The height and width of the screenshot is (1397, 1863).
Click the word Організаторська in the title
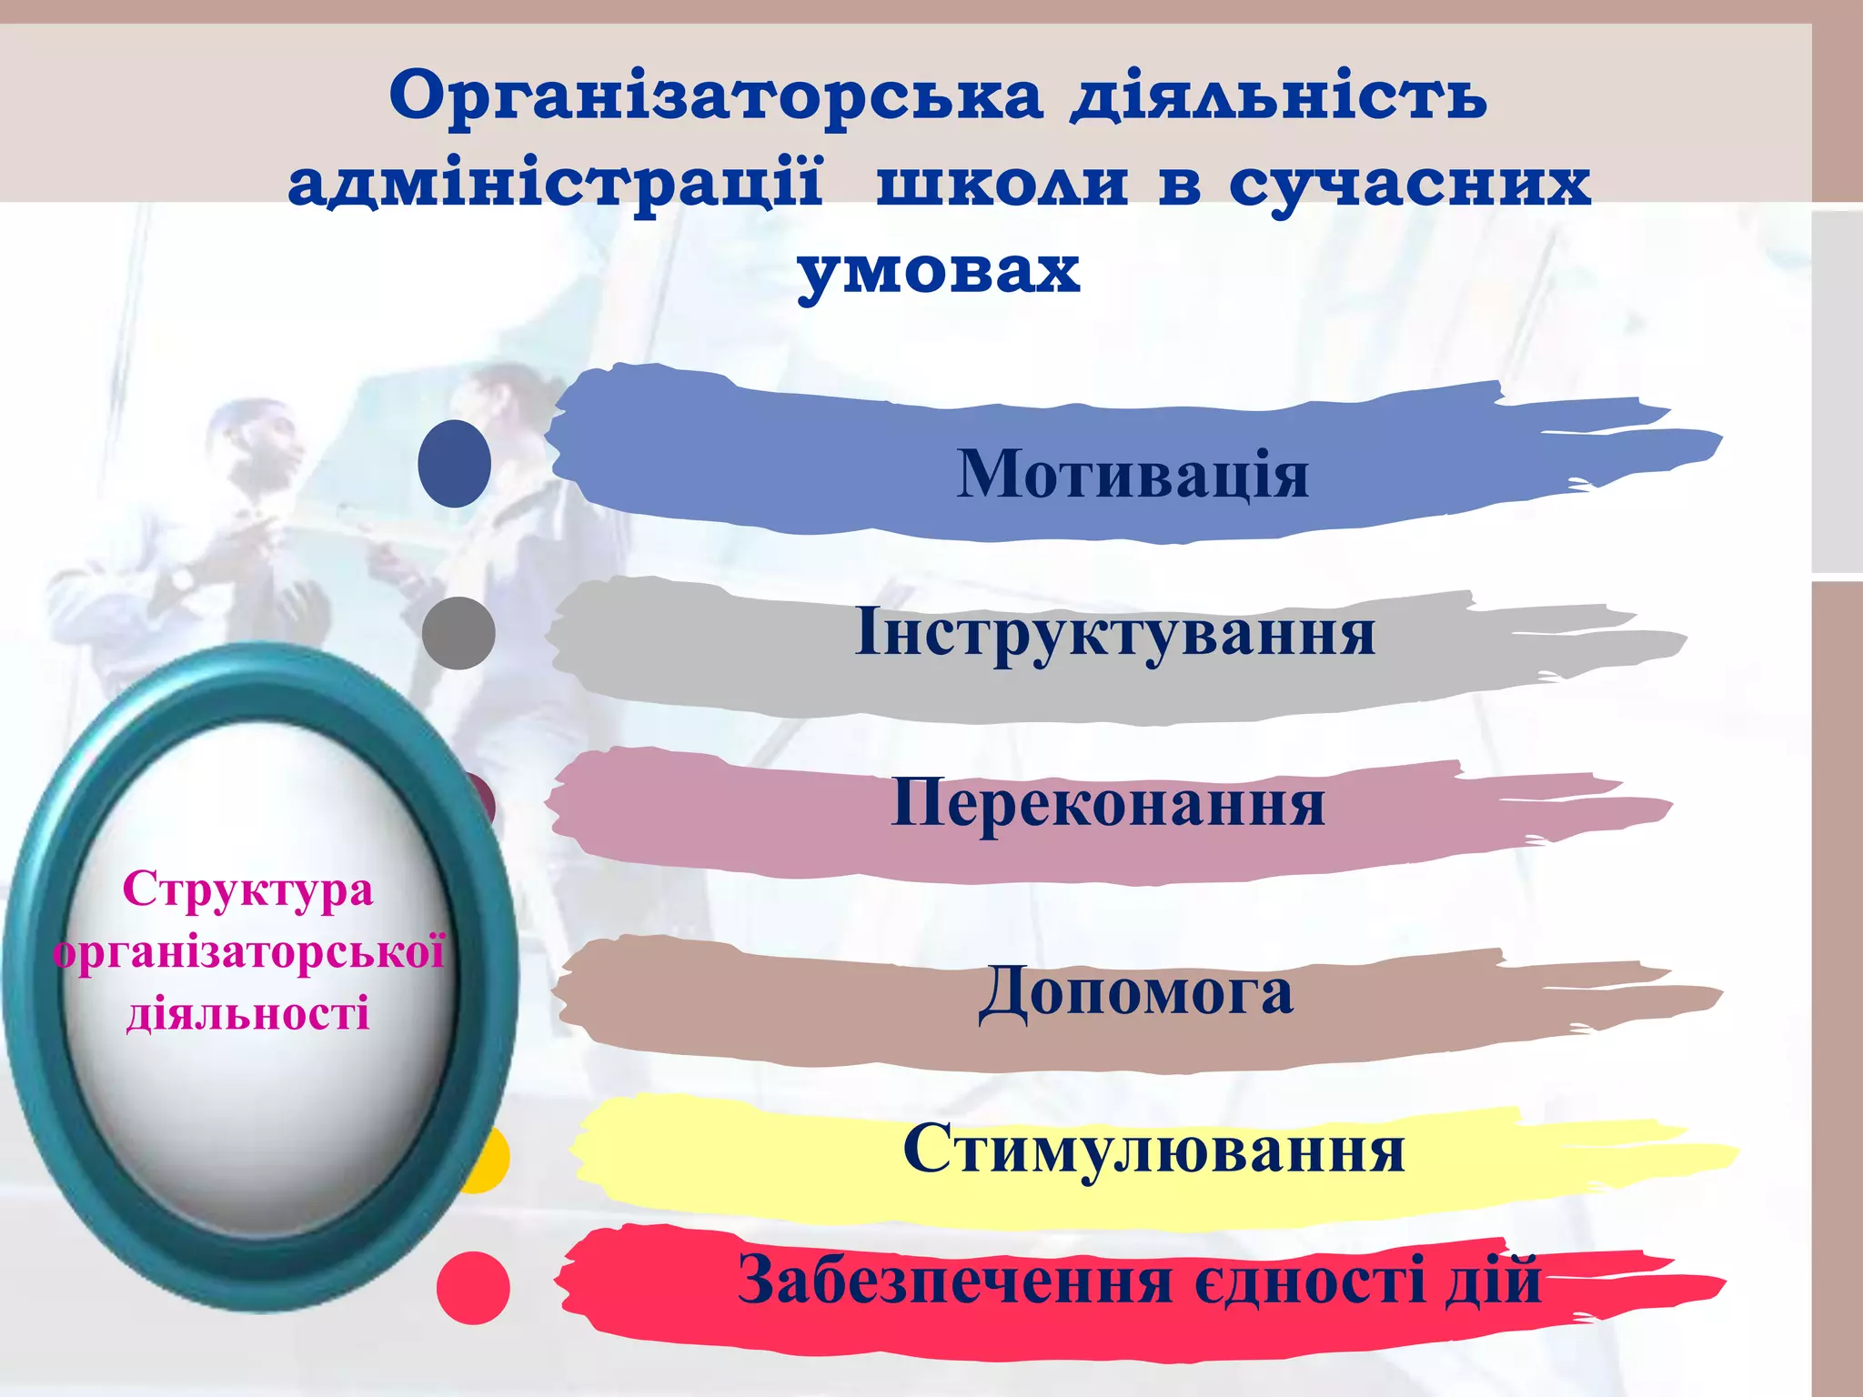(716, 96)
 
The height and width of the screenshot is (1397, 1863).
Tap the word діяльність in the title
(1278, 96)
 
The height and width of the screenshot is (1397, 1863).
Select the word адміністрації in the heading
(556, 183)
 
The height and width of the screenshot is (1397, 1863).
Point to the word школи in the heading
(1002, 183)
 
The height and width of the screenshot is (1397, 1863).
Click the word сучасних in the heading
(1410, 185)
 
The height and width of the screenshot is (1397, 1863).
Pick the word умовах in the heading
(939, 270)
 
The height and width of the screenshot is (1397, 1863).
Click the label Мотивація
(1133, 474)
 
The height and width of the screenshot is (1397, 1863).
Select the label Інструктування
(1115, 632)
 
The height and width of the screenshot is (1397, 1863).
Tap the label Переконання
(1108, 803)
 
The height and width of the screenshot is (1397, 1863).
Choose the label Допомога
(1136, 991)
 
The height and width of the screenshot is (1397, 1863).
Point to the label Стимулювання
(1153, 1149)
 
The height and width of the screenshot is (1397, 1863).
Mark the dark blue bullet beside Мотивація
(455, 464)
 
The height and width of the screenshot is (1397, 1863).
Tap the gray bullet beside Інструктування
(458, 633)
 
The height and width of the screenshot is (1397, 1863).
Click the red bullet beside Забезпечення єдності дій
(473, 1287)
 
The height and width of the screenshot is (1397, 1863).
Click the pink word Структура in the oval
(247, 889)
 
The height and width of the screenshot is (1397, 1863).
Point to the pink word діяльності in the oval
(247, 1013)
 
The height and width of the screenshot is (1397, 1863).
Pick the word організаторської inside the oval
(248, 952)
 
